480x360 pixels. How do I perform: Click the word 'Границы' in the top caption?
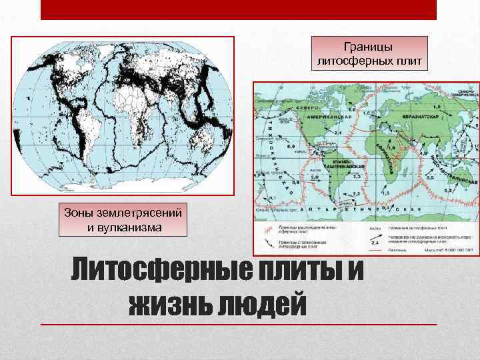369,47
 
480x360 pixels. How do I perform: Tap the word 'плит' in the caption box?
401,61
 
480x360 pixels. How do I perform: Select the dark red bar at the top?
239,9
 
